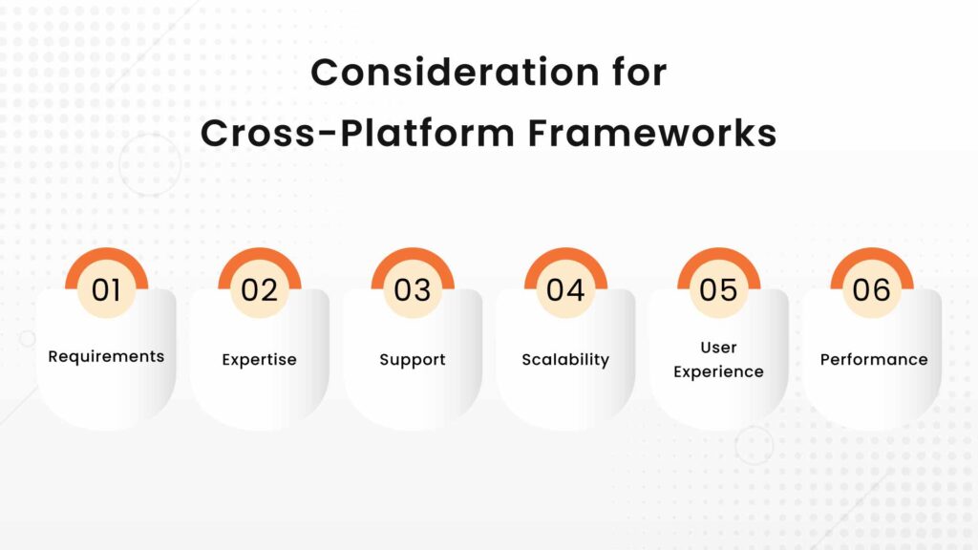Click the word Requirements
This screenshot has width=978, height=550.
(x=106, y=356)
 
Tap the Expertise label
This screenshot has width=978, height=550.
(x=259, y=360)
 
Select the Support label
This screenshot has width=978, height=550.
(x=413, y=360)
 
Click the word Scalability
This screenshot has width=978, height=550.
(x=565, y=360)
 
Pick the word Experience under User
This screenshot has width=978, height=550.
(x=718, y=371)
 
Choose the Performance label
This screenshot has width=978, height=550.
(x=873, y=360)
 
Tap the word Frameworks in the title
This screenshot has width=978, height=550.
(x=652, y=134)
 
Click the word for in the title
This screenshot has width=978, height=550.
(x=637, y=74)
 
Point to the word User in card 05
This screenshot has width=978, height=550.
(x=718, y=347)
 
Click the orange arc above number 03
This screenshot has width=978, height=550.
(x=413, y=255)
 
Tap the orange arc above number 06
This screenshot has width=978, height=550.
(x=871, y=255)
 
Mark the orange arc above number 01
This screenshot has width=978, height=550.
(x=106, y=255)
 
